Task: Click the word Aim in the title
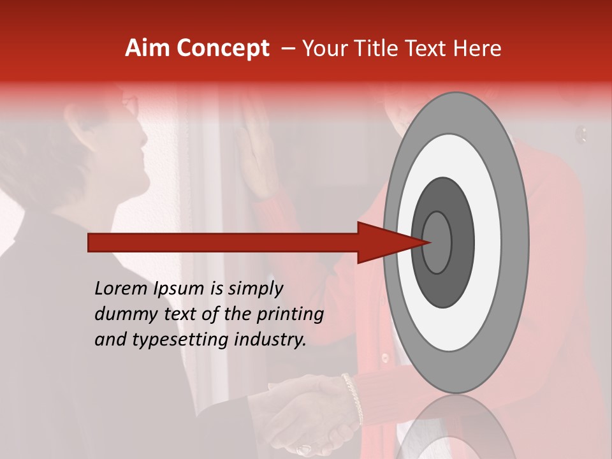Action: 148,48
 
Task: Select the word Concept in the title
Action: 223,49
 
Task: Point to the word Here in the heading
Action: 477,48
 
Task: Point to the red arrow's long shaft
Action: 223,243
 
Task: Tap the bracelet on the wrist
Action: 351,398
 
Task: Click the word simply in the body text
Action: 255,289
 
